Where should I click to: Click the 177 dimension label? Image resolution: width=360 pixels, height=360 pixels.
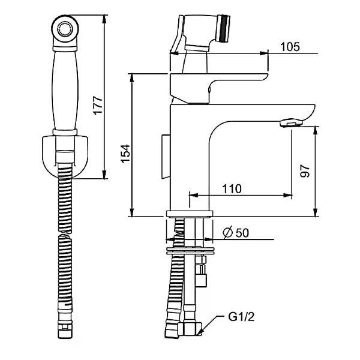98,106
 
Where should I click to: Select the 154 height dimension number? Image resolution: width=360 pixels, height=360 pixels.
125,154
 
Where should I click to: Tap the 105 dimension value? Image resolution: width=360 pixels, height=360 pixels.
290,47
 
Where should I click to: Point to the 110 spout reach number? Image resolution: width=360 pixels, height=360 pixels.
232,189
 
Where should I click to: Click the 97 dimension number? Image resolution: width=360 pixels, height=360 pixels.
305,170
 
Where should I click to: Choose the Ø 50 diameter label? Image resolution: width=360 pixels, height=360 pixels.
236,233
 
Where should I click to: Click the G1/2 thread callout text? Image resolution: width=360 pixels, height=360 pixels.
241,317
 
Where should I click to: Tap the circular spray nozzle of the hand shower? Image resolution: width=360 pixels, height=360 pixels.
65,29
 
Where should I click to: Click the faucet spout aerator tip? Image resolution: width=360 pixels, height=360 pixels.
291,122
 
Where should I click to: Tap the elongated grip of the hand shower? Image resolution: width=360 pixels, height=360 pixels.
65,90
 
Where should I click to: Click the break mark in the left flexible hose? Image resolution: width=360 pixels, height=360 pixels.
65,236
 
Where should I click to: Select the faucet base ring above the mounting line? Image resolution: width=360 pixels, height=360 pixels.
190,214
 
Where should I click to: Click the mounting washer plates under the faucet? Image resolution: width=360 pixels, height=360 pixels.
190,250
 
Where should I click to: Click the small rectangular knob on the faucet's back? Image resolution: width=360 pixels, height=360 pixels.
166,157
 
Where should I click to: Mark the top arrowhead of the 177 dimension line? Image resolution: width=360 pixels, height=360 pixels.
104,19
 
